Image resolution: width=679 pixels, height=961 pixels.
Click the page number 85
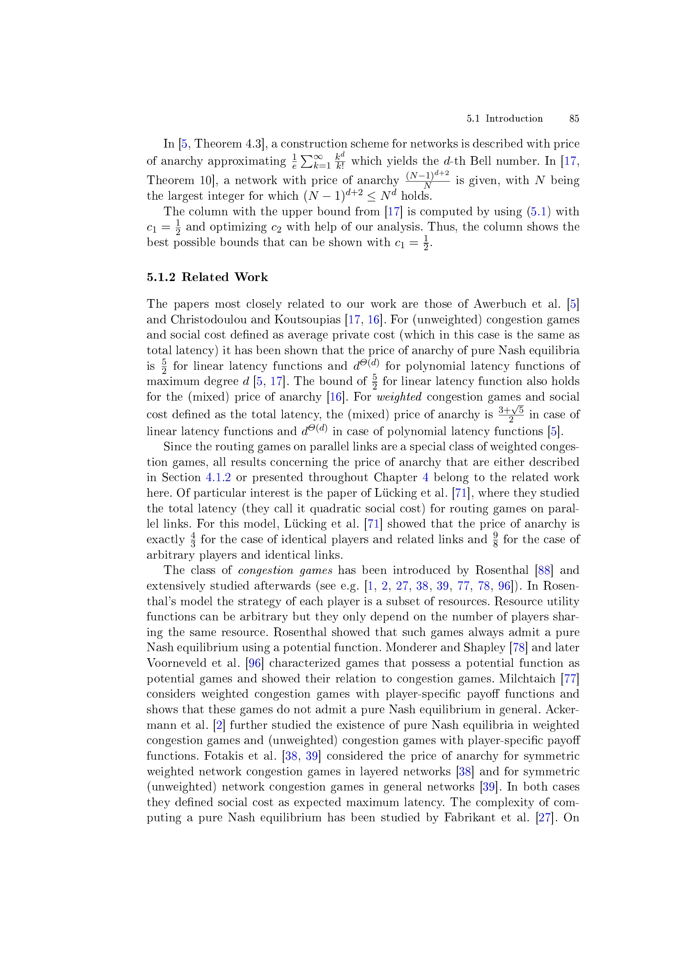[573, 118]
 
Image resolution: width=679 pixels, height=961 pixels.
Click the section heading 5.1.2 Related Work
[207, 277]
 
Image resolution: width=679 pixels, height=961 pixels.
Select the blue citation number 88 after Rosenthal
[544, 570]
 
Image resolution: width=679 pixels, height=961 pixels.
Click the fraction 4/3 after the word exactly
[193, 539]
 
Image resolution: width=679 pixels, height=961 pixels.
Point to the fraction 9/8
[495, 539]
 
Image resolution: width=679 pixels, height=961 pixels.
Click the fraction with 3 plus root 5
[511, 414]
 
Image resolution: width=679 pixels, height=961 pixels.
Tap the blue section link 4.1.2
[218, 477]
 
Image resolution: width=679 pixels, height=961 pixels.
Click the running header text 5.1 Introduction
[505, 118]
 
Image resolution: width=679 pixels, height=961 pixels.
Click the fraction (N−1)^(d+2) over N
[427, 180]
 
